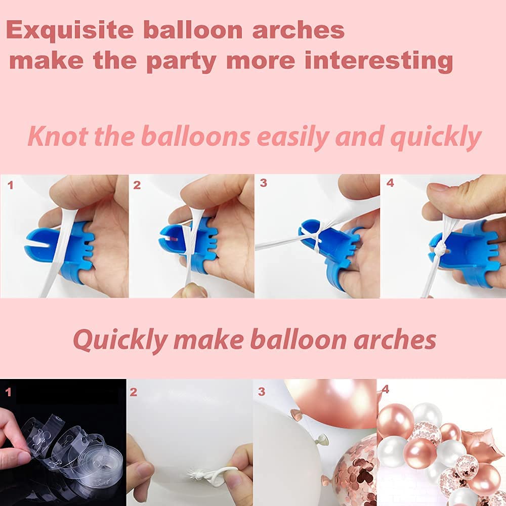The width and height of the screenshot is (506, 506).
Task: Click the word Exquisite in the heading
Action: [70, 30]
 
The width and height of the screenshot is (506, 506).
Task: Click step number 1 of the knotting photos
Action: [10, 185]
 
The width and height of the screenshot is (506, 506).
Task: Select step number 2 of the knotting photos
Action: [137, 185]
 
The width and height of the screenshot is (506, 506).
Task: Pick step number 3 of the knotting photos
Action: [263, 183]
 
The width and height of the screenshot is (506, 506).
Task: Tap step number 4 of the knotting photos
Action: [390, 183]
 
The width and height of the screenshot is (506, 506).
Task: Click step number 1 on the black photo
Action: [9, 392]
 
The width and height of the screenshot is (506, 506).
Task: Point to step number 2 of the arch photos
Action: [133, 392]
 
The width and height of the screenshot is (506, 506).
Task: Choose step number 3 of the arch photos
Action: [262, 392]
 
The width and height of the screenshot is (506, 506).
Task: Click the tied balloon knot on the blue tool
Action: [440, 249]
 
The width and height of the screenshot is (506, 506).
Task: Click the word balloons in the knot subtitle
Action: [196, 136]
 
